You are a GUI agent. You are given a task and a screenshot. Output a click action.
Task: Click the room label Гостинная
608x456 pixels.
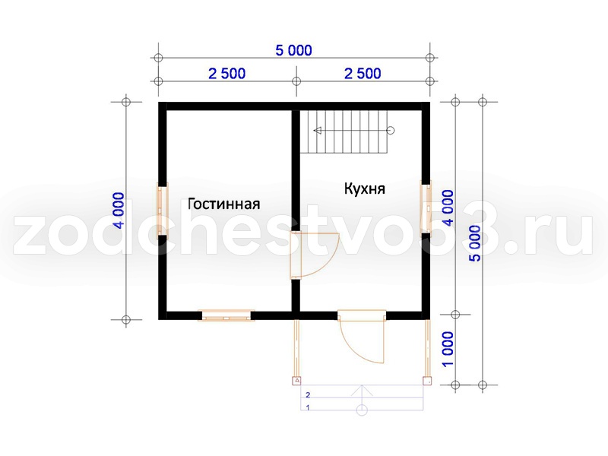coord(223,204)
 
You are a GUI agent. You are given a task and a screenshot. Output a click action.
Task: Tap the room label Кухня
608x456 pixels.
coord(365,188)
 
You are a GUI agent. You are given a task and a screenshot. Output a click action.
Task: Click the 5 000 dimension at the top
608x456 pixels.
coord(293,50)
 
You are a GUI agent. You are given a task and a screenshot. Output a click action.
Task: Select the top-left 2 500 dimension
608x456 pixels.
coord(226,73)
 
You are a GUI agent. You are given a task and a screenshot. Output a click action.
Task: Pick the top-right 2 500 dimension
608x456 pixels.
coord(363,73)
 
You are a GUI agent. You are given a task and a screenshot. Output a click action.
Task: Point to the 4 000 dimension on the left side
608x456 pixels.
coord(120,211)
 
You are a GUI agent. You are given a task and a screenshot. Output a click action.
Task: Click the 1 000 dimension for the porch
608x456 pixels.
coord(448,349)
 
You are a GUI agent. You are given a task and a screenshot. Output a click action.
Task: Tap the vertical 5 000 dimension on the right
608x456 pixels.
coord(475,243)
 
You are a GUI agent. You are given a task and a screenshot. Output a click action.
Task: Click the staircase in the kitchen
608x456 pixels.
coord(344,131)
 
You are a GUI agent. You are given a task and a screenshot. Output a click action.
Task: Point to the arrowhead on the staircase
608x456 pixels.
coord(318,131)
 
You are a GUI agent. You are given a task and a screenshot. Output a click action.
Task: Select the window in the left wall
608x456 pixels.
coord(162,211)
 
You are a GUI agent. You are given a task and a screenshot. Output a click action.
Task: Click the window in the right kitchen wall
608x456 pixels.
coord(426,208)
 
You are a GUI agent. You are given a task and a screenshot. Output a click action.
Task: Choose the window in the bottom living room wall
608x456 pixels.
coord(226,315)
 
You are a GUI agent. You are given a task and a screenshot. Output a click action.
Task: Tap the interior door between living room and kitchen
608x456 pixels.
coord(315,255)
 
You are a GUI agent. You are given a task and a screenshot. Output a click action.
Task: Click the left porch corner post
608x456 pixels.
coord(296,381)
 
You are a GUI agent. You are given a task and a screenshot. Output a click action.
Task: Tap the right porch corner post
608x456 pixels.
coord(427,381)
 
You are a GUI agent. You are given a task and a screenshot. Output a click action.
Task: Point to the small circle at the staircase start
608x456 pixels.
coord(391,131)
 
